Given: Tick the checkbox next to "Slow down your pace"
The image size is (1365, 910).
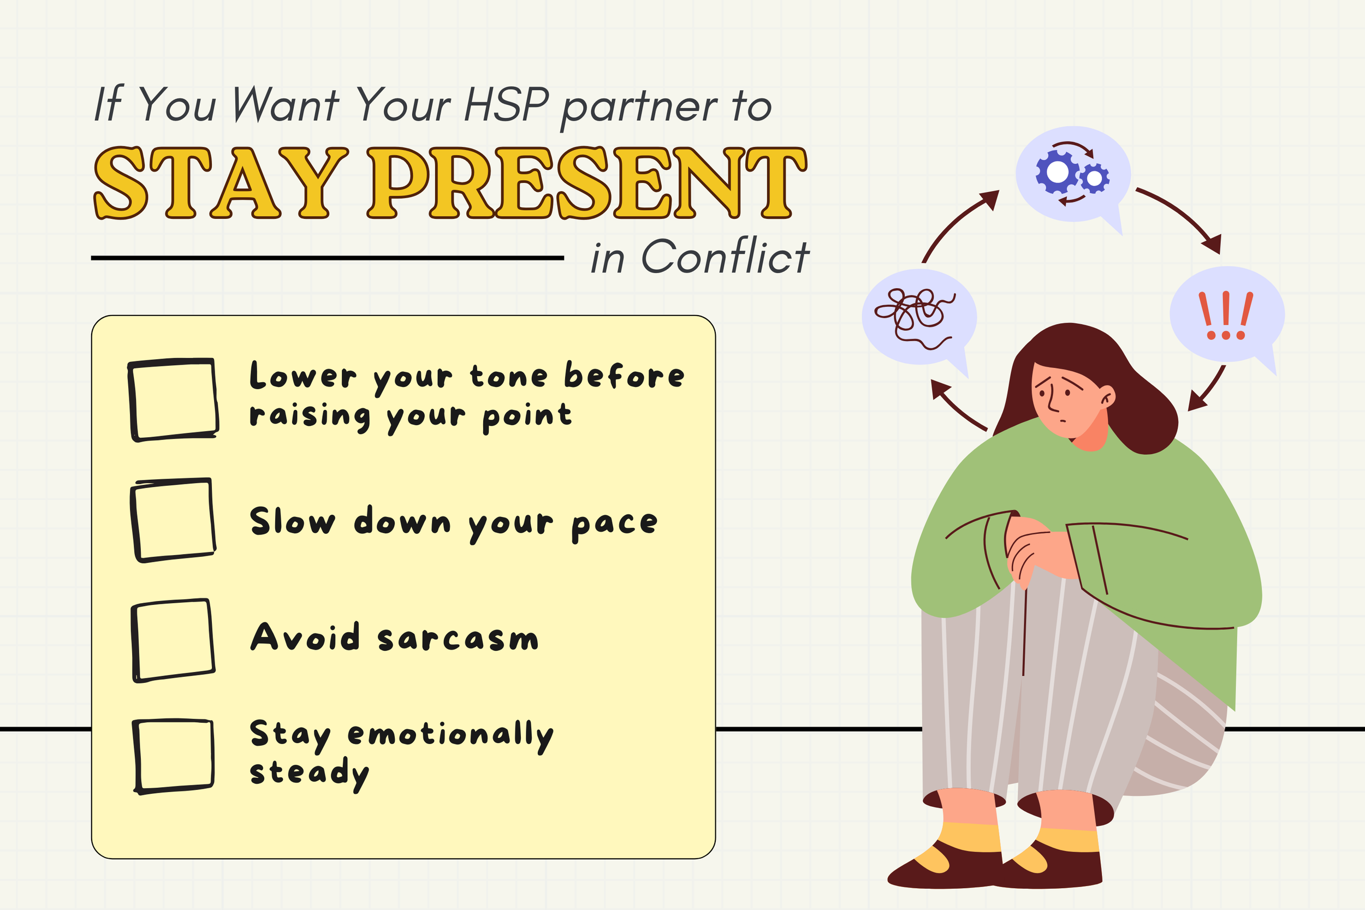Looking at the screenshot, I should (173, 520).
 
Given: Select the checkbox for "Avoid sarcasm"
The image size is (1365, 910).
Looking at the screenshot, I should (173, 640).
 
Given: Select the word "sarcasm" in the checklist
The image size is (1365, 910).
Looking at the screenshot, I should (458, 638).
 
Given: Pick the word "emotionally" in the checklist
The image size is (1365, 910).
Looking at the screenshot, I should (450, 735).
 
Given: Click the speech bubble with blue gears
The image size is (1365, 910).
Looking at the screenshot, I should (1072, 174).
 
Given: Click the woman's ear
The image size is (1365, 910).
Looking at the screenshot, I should (1107, 396).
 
